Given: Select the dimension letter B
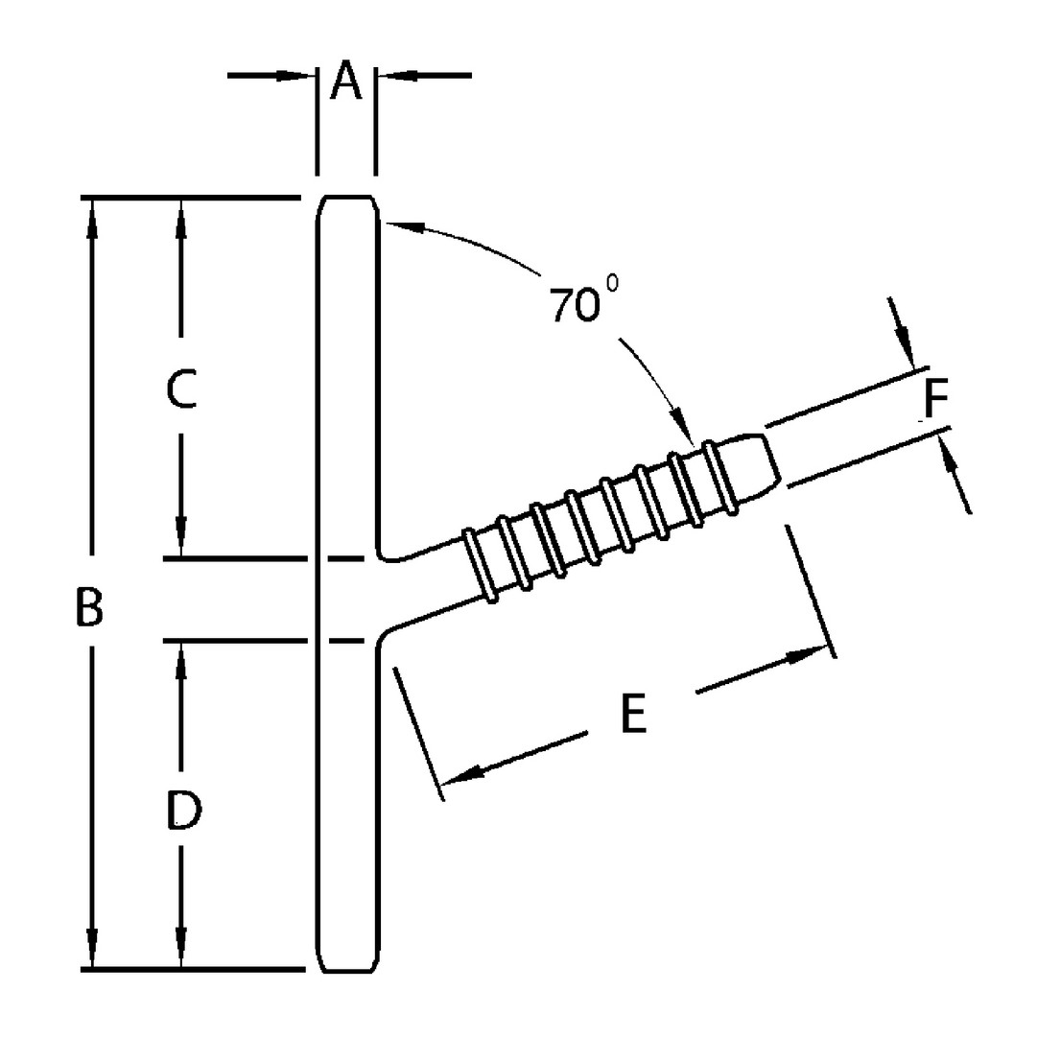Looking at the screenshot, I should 89,607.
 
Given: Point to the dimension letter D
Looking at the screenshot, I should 182,812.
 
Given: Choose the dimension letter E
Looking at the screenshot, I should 633,715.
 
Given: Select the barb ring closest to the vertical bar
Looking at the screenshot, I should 479,566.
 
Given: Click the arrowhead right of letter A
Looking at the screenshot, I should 392,75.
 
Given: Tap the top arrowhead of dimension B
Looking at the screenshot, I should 92,215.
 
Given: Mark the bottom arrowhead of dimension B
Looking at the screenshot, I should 92,952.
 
